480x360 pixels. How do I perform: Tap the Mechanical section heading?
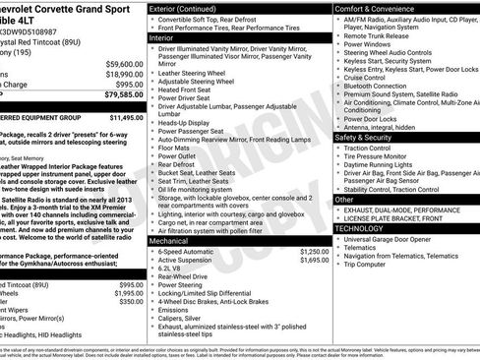coord(170,240)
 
